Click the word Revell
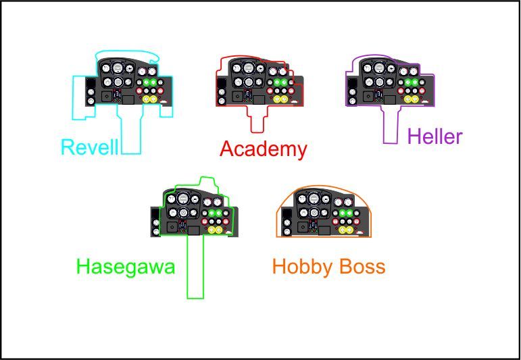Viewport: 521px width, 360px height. pos(89,147)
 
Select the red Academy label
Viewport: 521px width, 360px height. pos(264,149)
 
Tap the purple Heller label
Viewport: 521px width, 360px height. pos(435,137)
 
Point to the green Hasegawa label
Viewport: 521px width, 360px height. pos(126,267)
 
